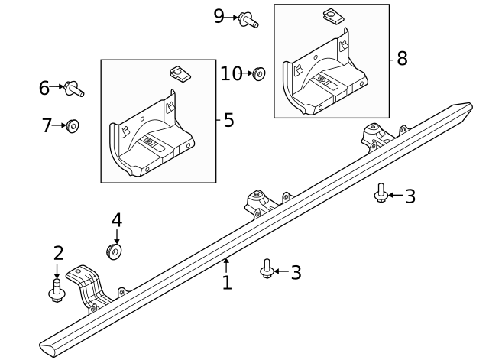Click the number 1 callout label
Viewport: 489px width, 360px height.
click(x=227, y=284)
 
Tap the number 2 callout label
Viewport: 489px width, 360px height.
click(x=58, y=254)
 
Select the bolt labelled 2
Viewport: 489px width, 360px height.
click(x=57, y=291)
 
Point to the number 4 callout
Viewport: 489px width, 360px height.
click(x=116, y=221)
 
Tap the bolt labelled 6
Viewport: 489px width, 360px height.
click(x=74, y=89)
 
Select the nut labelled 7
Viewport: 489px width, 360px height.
click(x=72, y=125)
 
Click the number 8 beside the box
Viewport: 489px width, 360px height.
click(x=402, y=59)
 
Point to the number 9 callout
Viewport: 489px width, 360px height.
click(x=219, y=16)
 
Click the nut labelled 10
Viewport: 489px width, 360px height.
click(x=258, y=74)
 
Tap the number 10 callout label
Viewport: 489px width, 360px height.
click(x=231, y=74)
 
